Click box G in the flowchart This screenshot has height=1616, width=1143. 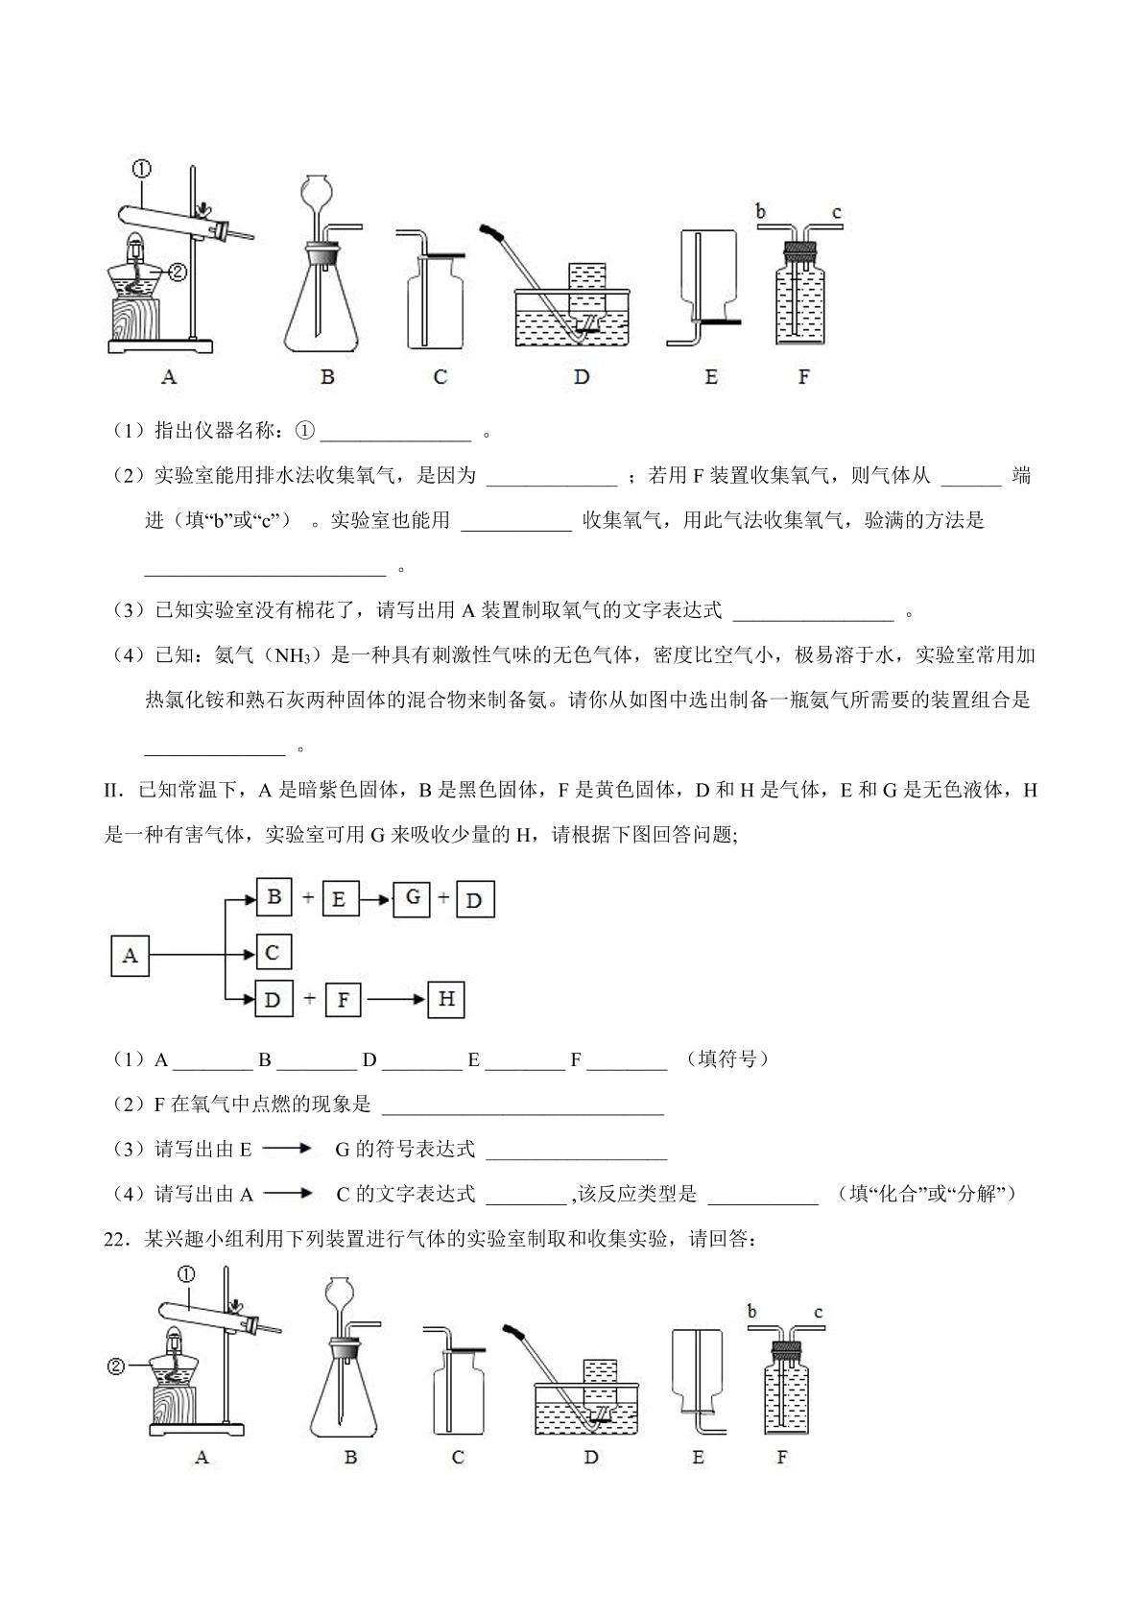[412, 898]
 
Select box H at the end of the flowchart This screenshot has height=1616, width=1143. [446, 999]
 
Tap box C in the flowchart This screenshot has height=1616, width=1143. [274, 952]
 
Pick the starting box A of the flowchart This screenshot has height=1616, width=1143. [130, 956]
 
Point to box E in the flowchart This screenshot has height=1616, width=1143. [340, 899]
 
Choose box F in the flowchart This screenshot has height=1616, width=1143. [343, 1000]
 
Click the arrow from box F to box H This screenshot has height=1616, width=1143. [394, 1000]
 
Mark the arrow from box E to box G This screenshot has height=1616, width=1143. [375, 899]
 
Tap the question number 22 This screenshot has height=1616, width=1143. [115, 1240]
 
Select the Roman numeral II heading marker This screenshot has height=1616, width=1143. [115, 791]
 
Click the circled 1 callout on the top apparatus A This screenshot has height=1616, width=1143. [141, 170]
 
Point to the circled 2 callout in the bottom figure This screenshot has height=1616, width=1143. [115, 1366]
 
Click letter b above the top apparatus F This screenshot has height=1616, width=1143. [760, 211]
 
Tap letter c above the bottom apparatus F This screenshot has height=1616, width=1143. [819, 1312]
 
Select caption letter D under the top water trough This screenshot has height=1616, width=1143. [582, 376]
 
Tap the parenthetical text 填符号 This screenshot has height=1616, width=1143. [727, 1059]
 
